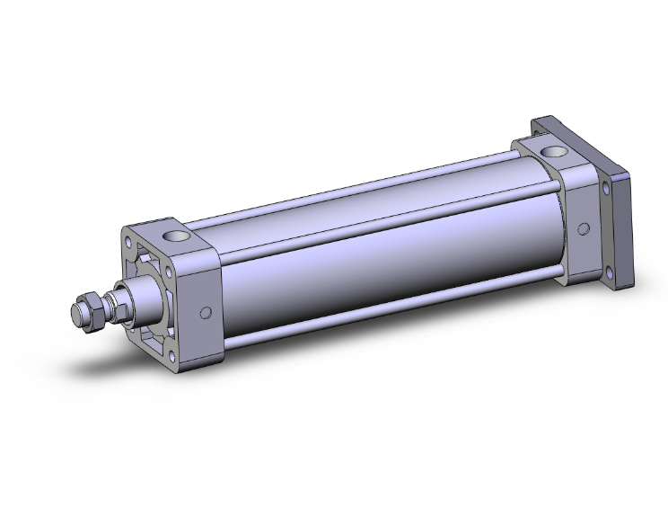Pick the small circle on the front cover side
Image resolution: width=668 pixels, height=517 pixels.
pos(206,312)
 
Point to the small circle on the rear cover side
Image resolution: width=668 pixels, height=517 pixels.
pos(584,227)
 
